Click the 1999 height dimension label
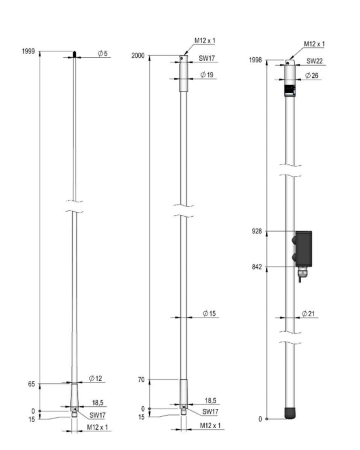point(28,51)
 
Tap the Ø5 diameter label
point(102,54)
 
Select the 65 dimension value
point(32,384)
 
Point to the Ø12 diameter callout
point(95,379)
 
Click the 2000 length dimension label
point(138,56)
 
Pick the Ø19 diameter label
point(207,75)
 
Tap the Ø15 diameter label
point(209,314)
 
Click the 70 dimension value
point(142,380)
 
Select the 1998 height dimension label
point(255,60)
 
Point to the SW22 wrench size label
point(314,61)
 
